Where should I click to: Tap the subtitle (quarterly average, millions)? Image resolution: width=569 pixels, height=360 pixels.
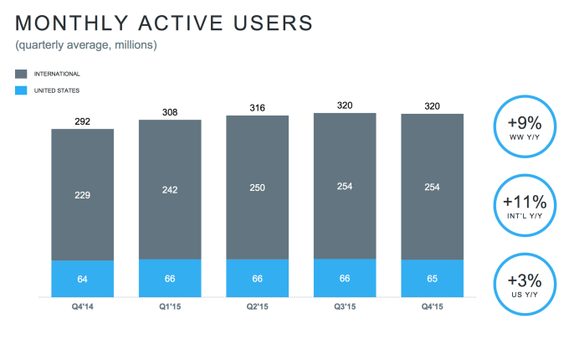(x=86, y=44)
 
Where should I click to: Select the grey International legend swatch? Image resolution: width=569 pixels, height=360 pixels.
(x=21, y=74)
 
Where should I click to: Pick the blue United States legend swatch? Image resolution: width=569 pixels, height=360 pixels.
(x=21, y=90)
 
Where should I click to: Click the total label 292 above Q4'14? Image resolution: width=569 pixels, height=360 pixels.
(x=83, y=121)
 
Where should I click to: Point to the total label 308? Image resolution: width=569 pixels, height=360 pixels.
(x=170, y=111)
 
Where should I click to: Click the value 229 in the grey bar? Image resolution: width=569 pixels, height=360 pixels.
(x=83, y=195)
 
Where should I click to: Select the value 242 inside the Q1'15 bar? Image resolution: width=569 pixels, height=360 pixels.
(x=170, y=190)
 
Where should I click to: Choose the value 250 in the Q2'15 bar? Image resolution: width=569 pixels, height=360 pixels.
(x=257, y=188)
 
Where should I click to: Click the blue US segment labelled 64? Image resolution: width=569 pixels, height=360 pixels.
(x=83, y=279)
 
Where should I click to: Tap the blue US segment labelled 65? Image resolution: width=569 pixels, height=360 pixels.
(x=433, y=279)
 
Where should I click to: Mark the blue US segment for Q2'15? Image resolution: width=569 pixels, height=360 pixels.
(x=257, y=279)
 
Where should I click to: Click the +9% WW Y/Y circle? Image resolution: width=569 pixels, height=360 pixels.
(x=524, y=126)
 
